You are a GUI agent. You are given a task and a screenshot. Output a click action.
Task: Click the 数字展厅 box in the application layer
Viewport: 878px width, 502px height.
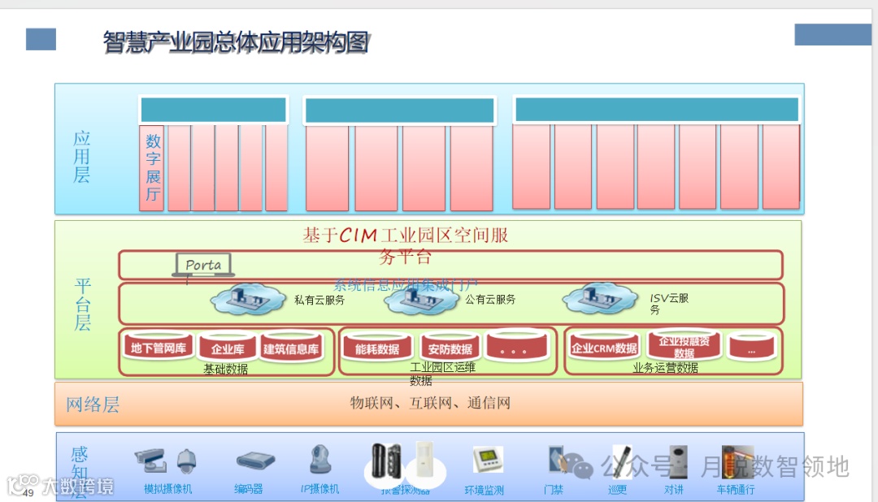[152, 168]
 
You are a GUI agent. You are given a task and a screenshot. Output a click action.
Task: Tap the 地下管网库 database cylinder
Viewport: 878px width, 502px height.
[159, 348]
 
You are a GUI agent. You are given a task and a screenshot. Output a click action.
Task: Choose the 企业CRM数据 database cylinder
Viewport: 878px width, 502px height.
[604, 348]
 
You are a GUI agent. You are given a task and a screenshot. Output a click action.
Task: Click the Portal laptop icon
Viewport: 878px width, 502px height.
[202, 266]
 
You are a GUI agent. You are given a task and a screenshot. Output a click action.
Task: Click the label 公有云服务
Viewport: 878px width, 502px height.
[490, 299]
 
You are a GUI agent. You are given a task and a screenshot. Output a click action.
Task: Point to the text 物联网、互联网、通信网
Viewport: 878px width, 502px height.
[430, 403]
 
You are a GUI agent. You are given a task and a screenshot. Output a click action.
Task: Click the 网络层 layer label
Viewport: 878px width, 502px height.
[92, 405]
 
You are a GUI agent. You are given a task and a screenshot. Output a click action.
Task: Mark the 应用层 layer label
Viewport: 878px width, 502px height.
[82, 157]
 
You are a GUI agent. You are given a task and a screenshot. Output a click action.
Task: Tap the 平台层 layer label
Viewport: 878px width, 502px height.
[82, 304]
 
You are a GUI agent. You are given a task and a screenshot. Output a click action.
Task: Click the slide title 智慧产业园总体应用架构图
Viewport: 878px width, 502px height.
[236, 41]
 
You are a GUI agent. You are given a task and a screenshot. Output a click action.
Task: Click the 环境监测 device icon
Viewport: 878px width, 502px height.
[487, 461]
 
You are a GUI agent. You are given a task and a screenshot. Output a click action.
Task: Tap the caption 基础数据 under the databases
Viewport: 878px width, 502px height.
[225, 369]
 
